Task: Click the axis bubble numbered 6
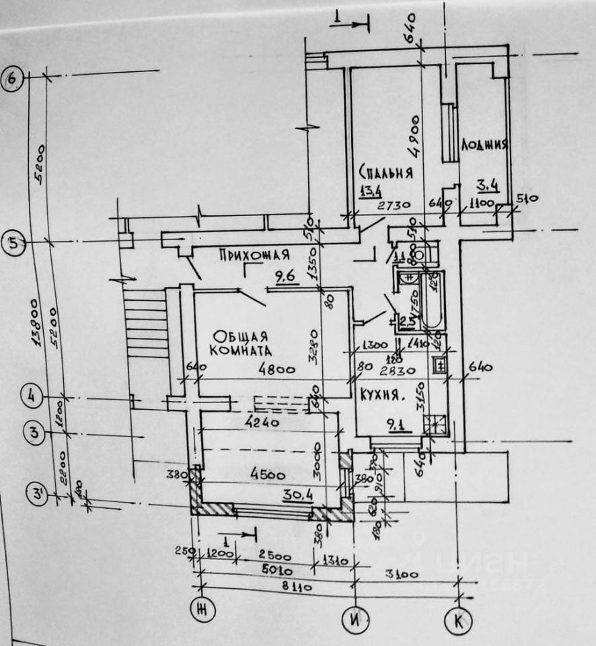click(x=13, y=79)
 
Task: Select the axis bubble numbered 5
click(x=13, y=244)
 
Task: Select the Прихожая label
click(x=254, y=256)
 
